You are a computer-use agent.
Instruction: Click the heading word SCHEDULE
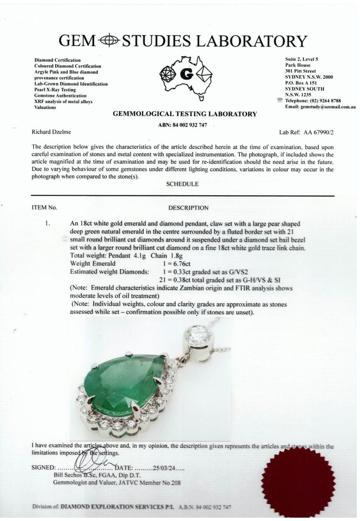tap(183, 184)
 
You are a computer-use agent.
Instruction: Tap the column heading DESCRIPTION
tap(188, 208)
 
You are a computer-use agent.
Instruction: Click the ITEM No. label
tap(44, 208)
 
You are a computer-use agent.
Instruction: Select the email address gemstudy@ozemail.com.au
tap(329, 107)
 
